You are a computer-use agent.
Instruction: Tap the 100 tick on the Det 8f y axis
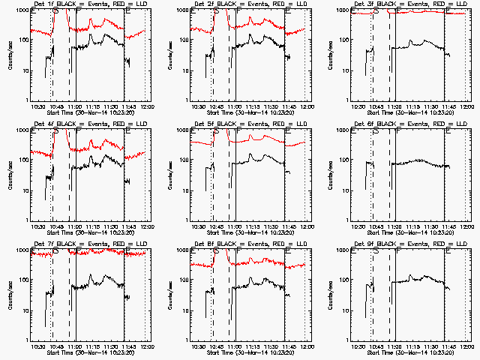pyautogui.click(x=184, y=280)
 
